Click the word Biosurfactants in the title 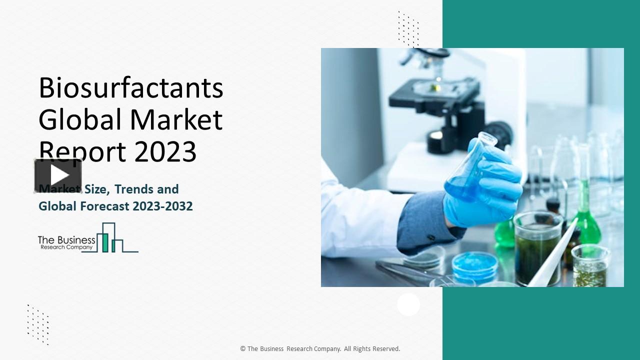tap(130, 88)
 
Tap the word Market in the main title tap(176, 120)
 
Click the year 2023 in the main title tap(165, 151)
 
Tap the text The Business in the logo tap(66, 240)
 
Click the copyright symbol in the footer tap(242, 349)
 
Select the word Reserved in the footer tap(385, 349)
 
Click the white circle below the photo tap(408, 304)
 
